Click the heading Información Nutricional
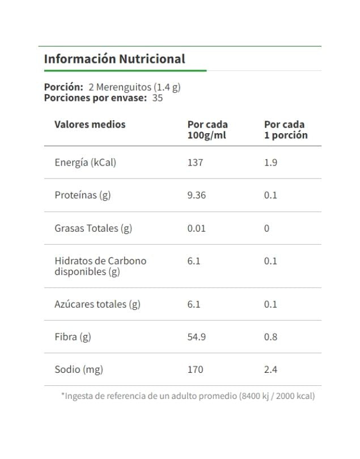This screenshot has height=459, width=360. (115, 59)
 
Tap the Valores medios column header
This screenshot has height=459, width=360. (90, 125)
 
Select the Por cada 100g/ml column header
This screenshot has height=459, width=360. (207, 130)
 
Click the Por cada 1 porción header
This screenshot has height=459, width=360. (286, 130)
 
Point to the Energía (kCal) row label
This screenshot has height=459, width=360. (85, 163)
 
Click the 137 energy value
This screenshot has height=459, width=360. (195, 163)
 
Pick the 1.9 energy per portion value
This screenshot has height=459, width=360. (270, 163)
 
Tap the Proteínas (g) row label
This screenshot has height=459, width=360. (83, 195)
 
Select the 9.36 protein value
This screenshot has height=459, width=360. (197, 195)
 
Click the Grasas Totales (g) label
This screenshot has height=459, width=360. (93, 228)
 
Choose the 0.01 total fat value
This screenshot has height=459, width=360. (197, 228)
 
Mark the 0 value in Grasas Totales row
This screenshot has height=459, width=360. (266, 228)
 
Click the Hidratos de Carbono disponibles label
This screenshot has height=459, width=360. (100, 266)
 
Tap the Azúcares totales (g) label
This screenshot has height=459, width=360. (98, 304)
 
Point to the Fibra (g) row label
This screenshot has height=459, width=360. (73, 337)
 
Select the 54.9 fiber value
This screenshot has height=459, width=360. (197, 337)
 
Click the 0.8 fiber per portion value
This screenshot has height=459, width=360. (270, 337)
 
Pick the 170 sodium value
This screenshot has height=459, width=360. (195, 370)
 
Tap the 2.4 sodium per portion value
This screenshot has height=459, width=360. (270, 370)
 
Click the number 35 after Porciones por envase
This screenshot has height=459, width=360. (158, 97)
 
